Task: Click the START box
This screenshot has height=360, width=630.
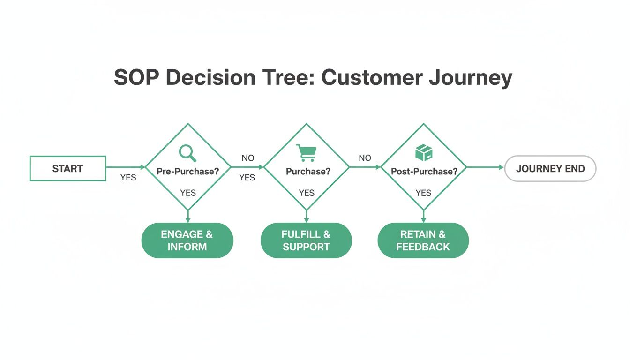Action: point(67,169)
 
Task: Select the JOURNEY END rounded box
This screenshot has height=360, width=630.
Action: point(550,169)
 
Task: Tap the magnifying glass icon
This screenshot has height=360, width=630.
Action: point(187,153)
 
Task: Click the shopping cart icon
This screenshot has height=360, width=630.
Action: point(306,153)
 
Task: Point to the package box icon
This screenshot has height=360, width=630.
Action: point(424,152)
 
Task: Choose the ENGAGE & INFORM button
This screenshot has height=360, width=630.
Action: point(187,240)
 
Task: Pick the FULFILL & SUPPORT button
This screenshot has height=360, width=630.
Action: point(306,240)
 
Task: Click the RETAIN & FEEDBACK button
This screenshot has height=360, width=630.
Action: point(423,240)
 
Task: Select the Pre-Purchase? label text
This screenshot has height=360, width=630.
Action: point(187,172)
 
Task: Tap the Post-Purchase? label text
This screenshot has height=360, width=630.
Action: point(424,172)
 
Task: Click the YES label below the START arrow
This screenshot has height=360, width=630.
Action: point(128,178)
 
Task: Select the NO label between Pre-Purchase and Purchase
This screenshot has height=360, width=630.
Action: point(248,158)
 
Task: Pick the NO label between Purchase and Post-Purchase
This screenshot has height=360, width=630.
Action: point(365,158)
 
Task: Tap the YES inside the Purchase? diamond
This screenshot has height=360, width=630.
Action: point(307,193)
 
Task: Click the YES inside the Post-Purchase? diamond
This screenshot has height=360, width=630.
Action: point(423,193)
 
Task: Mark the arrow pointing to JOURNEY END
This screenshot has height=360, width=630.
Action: point(485,167)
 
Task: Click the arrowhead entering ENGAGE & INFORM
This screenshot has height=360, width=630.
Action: point(188,219)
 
